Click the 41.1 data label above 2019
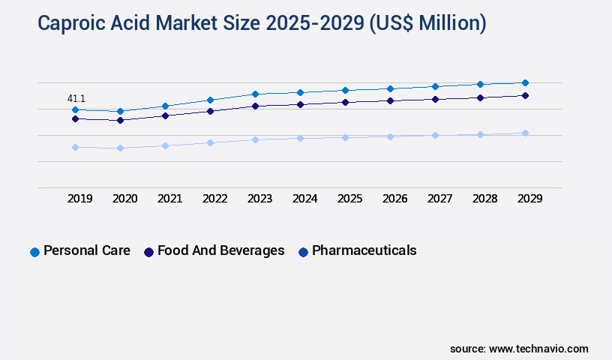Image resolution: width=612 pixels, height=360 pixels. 76,98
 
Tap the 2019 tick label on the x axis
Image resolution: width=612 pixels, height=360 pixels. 80,199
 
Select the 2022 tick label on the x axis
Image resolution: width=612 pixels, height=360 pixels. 215,199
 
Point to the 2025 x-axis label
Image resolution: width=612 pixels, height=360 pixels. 350,199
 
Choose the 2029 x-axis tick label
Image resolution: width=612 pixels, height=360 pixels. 530,199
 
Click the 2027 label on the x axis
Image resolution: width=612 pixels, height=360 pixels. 440,199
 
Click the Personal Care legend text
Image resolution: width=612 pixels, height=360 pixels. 86,250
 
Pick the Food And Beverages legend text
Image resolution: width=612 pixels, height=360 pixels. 220,250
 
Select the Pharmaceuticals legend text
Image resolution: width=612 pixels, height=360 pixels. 364,250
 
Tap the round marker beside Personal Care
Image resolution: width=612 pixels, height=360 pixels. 34,252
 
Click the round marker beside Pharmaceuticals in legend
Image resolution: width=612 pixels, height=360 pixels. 303,252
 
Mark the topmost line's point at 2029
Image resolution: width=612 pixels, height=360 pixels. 525,82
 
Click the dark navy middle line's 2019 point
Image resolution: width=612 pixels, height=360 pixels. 75,118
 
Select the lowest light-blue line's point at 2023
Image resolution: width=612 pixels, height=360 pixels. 255,139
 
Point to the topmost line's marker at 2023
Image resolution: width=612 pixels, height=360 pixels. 255,94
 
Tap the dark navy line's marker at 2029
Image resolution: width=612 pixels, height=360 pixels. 525,95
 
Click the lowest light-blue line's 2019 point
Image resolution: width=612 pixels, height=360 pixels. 75,147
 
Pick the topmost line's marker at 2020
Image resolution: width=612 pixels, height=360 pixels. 120,111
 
